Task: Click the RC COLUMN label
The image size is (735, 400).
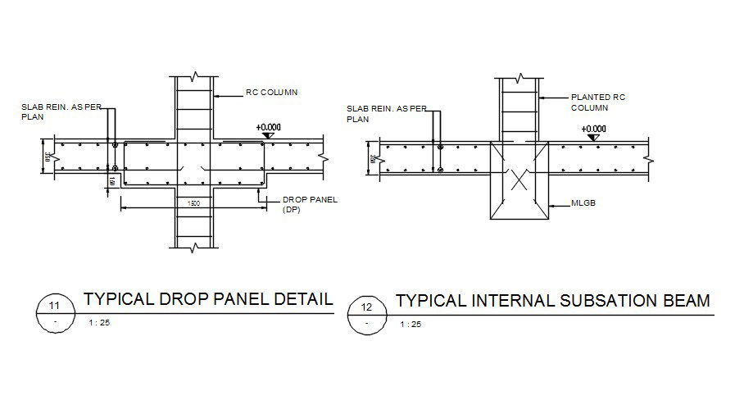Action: [x=271, y=93]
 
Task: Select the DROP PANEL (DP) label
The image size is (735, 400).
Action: [x=304, y=204]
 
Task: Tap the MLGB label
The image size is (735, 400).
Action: [x=584, y=204]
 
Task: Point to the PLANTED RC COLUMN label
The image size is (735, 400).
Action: [x=597, y=102]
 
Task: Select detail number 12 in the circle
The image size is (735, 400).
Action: [x=366, y=307]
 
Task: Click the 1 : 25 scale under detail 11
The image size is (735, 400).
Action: [x=98, y=324]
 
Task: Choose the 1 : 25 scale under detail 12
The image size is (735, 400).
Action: [x=411, y=325]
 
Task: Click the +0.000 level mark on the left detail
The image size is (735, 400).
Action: [x=268, y=128]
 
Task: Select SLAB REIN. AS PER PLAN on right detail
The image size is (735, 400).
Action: [x=375, y=113]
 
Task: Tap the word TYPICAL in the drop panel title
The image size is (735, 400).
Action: [x=118, y=299]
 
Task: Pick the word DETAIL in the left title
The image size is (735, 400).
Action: [x=303, y=299]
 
